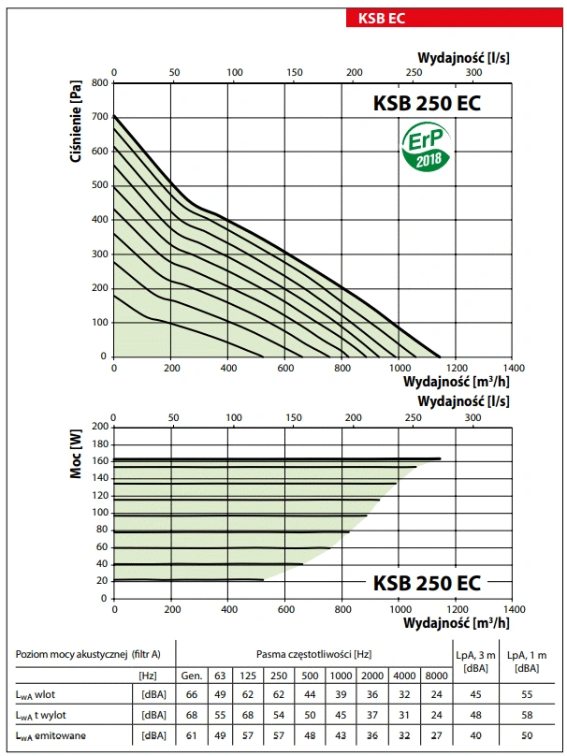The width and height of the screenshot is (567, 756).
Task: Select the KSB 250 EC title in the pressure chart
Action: [x=427, y=104]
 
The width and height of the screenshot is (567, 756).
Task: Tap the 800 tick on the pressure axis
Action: [x=98, y=82]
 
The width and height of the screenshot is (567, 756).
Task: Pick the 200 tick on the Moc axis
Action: [x=98, y=427]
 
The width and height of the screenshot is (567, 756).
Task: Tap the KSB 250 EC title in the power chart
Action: [x=427, y=583]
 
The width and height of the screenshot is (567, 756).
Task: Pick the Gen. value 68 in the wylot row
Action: [x=192, y=715]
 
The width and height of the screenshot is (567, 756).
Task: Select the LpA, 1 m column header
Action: [x=526, y=661]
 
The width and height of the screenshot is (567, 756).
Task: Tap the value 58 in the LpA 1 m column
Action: [x=526, y=715]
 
